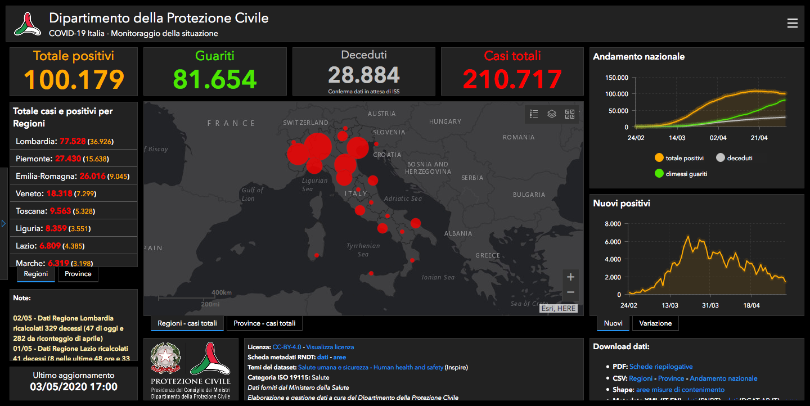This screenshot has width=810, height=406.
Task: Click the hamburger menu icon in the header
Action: [792, 23]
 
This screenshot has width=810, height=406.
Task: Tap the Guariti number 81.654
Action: [215, 79]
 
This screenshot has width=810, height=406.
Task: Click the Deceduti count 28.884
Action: [364, 75]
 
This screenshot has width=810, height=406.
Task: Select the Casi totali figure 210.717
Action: [512, 79]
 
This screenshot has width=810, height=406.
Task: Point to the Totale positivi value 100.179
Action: [74, 79]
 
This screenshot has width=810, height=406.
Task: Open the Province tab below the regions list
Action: [78, 274]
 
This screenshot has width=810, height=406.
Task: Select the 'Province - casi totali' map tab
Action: [264, 323]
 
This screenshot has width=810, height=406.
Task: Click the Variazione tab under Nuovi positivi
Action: [655, 323]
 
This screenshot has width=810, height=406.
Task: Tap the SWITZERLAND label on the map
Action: [305, 123]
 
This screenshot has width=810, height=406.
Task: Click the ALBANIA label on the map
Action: [458, 233]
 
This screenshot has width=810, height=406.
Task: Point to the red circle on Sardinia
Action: [317, 255]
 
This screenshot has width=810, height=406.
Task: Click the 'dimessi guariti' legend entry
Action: [682, 174]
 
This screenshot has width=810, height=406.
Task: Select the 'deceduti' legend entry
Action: [735, 158]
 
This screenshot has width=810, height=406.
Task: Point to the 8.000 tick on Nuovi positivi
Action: [612, 224]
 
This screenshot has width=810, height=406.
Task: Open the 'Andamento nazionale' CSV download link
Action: [723, 378]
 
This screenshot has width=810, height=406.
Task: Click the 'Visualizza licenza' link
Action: [330, 347]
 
